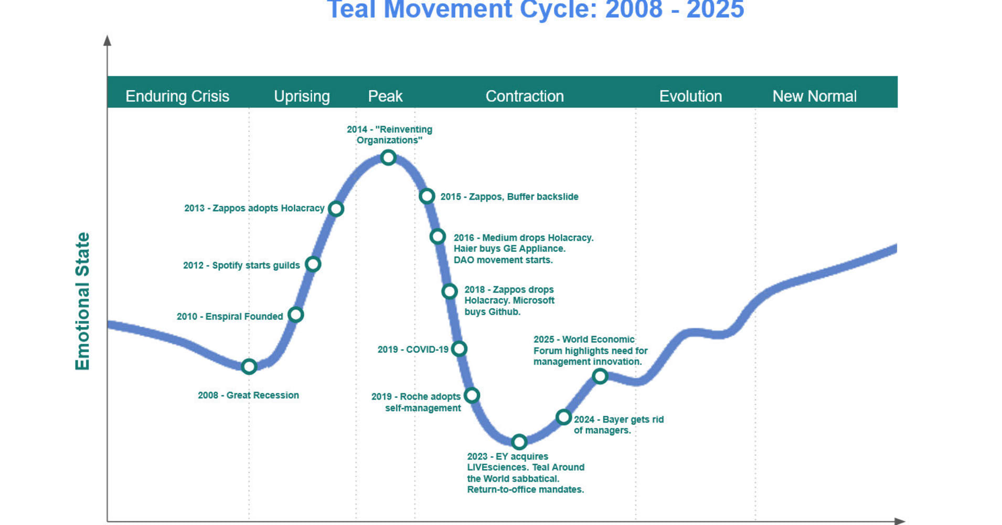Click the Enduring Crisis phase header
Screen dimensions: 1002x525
(177, 96)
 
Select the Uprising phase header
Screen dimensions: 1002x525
(302, 96)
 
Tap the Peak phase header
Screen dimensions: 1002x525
(385, 96)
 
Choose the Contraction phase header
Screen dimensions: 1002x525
(525, 96)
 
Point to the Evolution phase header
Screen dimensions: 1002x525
(690, 96)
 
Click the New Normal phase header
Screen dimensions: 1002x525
(814, 96)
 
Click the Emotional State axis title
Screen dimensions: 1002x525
(82, 301)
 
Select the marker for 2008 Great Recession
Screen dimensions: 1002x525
(249, 366)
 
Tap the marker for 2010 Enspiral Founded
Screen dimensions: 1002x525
(296, 314)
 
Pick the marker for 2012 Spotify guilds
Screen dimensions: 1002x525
(313, 264)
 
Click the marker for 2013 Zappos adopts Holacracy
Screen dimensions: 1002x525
(336, 208)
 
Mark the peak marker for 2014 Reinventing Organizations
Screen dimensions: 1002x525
(388, 157)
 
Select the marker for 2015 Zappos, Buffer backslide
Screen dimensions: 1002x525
(427, 196)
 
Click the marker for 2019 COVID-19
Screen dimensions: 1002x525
(460, 348)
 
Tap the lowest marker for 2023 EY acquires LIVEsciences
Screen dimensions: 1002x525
(519, 442)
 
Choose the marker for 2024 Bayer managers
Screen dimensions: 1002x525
(563, 417)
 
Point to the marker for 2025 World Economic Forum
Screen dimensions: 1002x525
(600, 376)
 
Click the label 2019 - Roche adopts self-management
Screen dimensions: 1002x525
(416, 402)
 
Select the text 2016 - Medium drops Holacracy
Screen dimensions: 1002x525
(524, 238)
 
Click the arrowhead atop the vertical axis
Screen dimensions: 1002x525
(108, 40)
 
